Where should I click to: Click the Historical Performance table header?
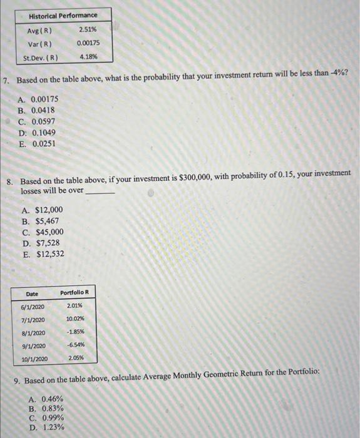pyautogui.click(x=63, y=15)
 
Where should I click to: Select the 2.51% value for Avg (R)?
pyautogui.click(x=88, y=30)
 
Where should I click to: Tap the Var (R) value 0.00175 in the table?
pyautogui.click(x=88, y=44)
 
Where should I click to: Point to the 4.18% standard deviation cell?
pyautogui.click(x=88, y=57)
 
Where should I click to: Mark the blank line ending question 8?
pyautogui.click(x=100, y=191)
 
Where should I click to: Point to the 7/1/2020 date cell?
pyautogui.click(x=33, y=319)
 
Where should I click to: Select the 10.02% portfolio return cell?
pyautogui.click(x=75, y=319)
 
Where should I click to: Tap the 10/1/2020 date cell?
pyautogui.click(x=34, y=359)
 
